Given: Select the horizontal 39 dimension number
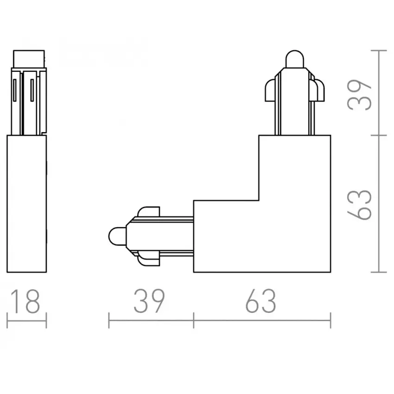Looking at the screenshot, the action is (x=149, y=302).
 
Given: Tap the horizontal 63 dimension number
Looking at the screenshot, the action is (x=261, y=302).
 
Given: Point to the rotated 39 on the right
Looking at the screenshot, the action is (x=359, y=95).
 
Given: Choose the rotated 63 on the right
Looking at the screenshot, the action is (x=359, y=205).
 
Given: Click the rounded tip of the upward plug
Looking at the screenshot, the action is (x=295, y=59).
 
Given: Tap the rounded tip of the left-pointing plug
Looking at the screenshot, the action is (x=117, y=236).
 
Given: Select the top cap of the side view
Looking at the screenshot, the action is (x=29, y=59).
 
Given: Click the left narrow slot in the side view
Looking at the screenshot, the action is (x=14, y=90).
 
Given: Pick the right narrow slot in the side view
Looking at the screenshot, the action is (x=32, y=90).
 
